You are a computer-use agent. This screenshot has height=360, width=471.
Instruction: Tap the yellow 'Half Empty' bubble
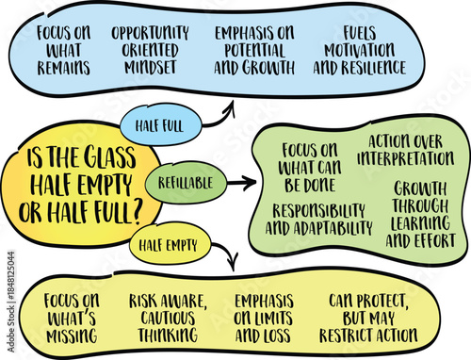(x=171, y=247)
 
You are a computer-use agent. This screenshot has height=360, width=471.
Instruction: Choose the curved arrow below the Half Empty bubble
(x=224, y=255)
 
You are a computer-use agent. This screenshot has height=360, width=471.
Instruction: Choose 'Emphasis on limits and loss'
(x=264, y=318)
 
